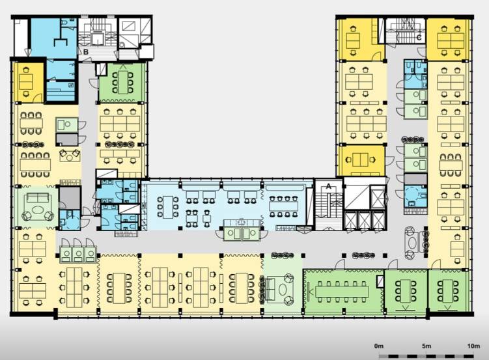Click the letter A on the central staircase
(328, 186)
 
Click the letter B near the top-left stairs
(86, 52)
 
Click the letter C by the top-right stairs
(419, 38)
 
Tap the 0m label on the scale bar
(379, 346)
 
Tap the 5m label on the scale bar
(426, 346)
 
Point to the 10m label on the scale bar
(474, 346)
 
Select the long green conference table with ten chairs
(342, 292)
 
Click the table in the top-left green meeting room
(123, 82)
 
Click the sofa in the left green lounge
(38, 198)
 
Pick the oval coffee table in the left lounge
(38, 211)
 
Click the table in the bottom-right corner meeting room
(448, 291)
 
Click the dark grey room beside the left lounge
(70, 198)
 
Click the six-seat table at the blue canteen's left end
(168, 207)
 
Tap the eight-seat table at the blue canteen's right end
(283, 206)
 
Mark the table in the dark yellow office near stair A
(360, 160)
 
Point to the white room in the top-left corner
(21, 37)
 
